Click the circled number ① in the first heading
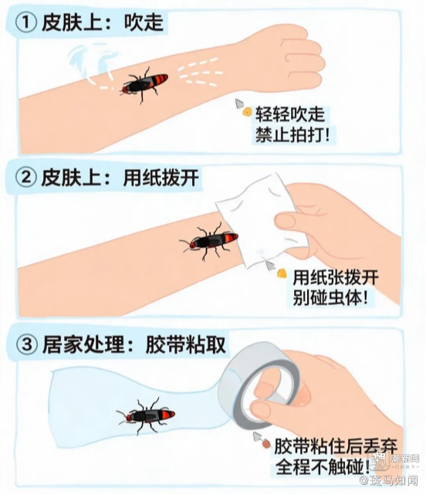coord(26,23)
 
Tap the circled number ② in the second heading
coord(26,178)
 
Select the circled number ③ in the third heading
coord(26,344)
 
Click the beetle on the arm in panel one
coord(144,83)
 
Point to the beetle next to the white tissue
coord(208,241)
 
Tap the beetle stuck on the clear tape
coord(146,415)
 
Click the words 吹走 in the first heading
coord(144,22)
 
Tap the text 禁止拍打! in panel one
coord(292,135)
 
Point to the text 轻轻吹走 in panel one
coord(290,114)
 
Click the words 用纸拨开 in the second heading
coord(161,178)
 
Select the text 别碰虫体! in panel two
coord(330,297)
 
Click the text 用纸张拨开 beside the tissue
coord(336,277)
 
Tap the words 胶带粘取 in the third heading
coord(186,344)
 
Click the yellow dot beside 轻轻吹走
coord(246,111)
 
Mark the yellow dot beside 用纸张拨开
coord(282,273)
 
